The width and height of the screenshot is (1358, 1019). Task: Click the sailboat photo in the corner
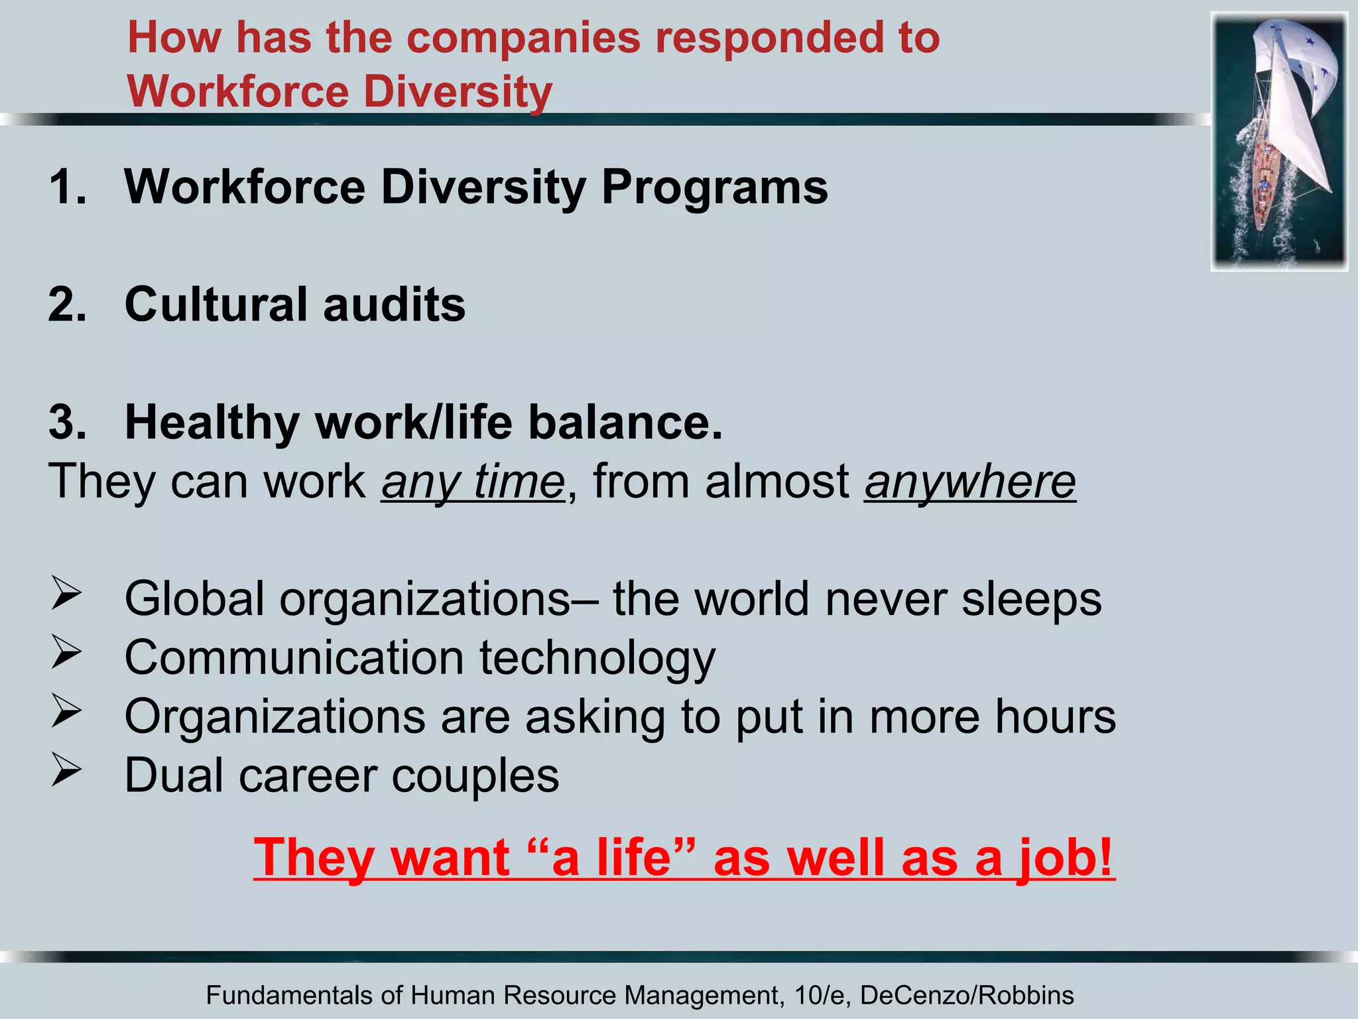pyautogui.click(x=1279, y=141)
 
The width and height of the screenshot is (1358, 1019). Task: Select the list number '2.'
pyautogui.click(x=68, y=305)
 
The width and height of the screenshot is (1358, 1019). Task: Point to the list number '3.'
pyautogui.click(x=68, y=423)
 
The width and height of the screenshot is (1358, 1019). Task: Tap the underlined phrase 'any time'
pyautogui.click(x=473, y=482)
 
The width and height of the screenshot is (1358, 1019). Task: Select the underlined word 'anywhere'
pyautogui.click(x=969, y=482)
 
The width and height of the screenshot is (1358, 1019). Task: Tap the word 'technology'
pyautogui.click(x=597, y=658)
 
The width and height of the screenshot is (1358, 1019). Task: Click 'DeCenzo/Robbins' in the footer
pyautogui.click(x=967, y=995)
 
